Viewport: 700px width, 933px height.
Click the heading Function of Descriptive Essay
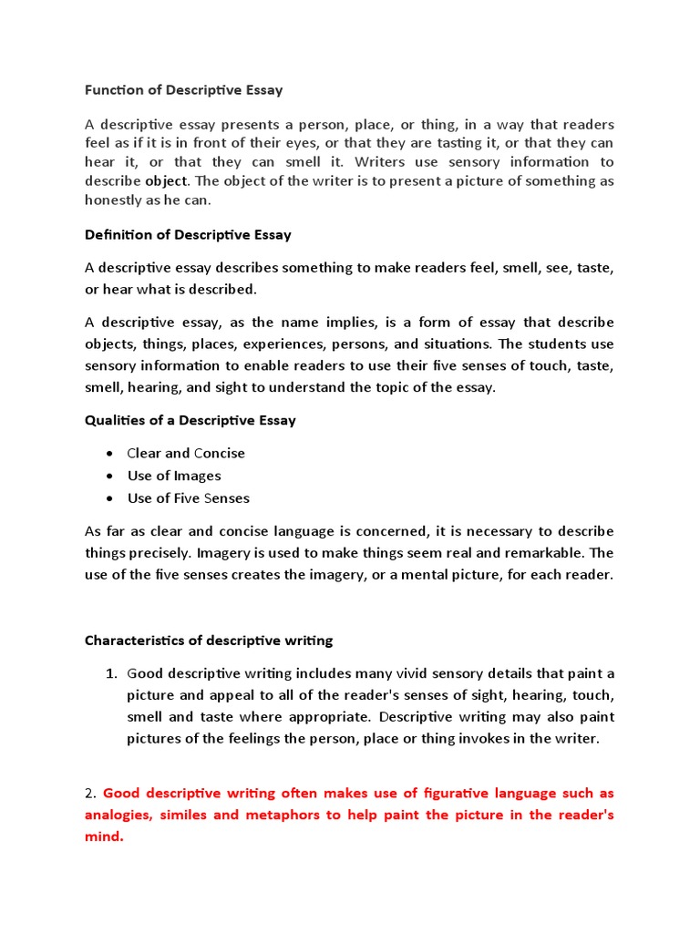pos(183,89)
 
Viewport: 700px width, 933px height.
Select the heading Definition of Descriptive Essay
pos(188,234)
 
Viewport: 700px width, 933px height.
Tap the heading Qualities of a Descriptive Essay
pos(190,420)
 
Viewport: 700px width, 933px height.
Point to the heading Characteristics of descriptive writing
pos(209,641)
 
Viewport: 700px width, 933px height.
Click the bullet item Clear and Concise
pos(186,453)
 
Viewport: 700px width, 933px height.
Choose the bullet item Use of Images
pos(173,476)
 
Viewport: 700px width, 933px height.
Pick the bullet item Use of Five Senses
pos(188,498)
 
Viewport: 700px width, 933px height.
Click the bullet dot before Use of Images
pos(109,476)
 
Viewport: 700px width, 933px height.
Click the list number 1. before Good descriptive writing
pos(110,673)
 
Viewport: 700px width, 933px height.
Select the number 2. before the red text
pos(91,793)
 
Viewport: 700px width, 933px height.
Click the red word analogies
pos(122,815)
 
